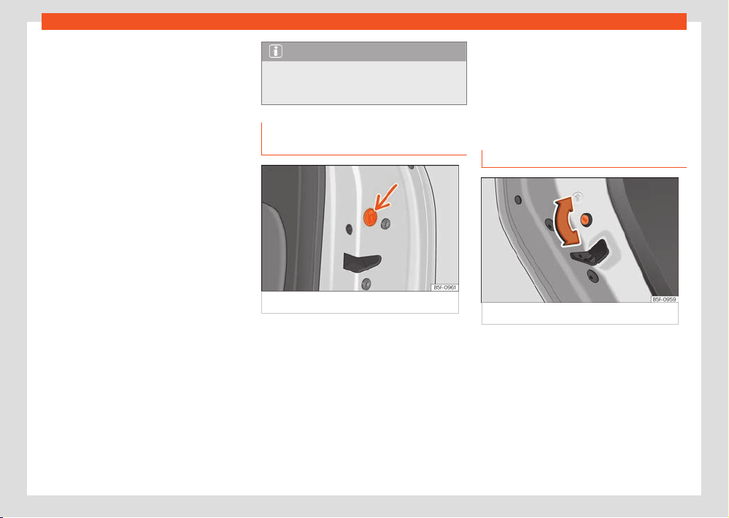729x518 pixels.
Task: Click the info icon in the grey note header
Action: coord(276,51)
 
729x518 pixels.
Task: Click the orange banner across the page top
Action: coord(364,21)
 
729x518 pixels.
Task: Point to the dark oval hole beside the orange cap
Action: coord(349,229)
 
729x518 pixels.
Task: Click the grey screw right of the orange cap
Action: coord(385,224)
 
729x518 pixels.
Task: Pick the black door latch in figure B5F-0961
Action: coord(362,262)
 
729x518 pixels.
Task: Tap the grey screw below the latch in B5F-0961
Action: coord(366,283)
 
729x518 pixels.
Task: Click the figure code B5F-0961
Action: coord(444,287)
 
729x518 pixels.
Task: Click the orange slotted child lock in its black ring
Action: coord(586,219)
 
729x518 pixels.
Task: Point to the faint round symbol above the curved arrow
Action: coord(577,197)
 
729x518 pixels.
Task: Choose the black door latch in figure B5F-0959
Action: coord(590,253)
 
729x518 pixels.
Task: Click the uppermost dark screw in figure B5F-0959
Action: coord(518,200)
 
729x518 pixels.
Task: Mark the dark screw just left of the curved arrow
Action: coord(549,225)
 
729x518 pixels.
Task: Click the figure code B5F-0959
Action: coord(664,299)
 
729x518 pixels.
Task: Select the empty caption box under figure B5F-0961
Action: coord(360,303)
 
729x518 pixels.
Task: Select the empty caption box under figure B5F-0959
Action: coord(579,314)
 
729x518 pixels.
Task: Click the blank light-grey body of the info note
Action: coord(364,82)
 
